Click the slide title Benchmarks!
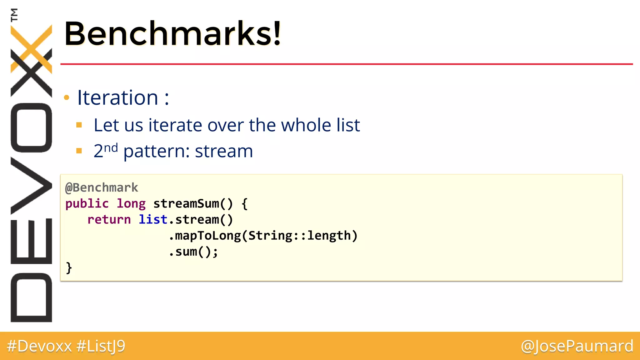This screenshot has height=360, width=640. pyautogui.click(x=172, y=33)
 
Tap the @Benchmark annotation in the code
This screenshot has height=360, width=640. pyautogui.click(x=102, y=188)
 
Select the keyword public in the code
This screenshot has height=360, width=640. pyautogui.click(x=87, y=204)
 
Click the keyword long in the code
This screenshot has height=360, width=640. pyautogui.click(x=131, y=204)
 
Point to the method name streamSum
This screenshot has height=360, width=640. pyautogui.click(x=186, y=204)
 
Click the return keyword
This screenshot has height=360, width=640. pyautogui.click(x=109, y=220)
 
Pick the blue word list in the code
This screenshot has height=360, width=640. pyautogui.click(x=153, y=220)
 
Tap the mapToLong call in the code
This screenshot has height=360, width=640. pyautogui.click(x=208, y=236)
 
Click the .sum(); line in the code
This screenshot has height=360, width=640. pyautogui.click(x=193, y=252)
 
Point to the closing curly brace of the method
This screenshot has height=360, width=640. pyautogui.click(x=69, y=268)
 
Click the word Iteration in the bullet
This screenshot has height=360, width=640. pyautogui.click(x=118, y=97)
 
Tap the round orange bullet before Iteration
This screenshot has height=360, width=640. pyautogui.click(x=67, y=98)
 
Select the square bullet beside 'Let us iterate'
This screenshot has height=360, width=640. pyautogui.click(x=79, y=125)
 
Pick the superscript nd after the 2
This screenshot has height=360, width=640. pyautogui.click(x=111, y=147)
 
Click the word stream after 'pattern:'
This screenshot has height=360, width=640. pyautogui.click(x=224, y=151)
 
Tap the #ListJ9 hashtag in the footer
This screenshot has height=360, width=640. pyautogui.click(x=101, y=346)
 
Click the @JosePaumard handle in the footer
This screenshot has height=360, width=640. pyautogui.click(x=577, y=346)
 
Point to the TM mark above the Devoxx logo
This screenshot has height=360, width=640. pyautogui.click(x=14, y=15)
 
